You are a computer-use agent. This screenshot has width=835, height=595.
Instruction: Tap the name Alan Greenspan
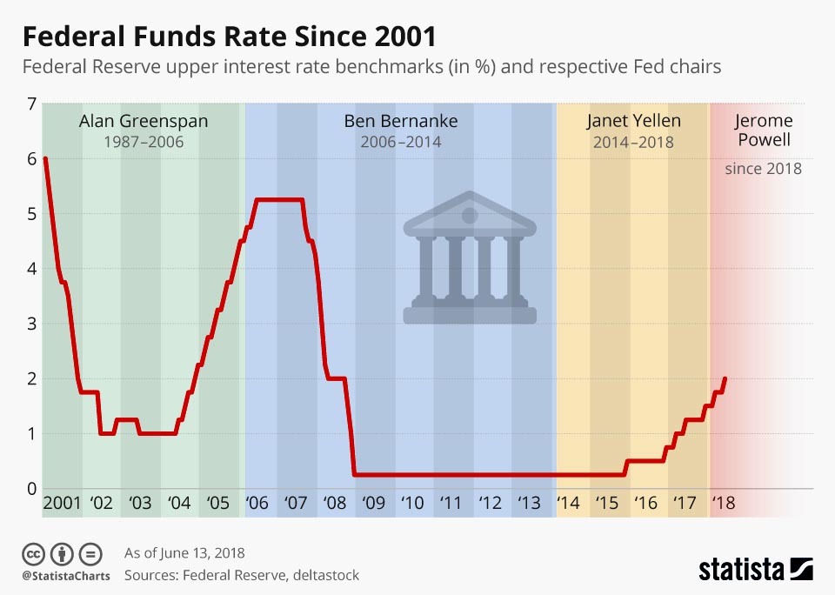[x=144, y=121]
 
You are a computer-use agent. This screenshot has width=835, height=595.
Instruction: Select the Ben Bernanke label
[x=400, y=121]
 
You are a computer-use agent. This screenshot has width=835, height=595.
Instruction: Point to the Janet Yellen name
[x=633, y=120]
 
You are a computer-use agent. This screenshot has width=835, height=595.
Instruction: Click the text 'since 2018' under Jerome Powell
[x=763, y=169]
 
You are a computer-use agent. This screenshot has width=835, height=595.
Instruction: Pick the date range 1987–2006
[x=144, y=142]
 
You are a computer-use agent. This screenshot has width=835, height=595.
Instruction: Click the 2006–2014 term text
[x=400, y=142]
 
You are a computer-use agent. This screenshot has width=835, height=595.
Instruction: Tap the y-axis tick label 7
[x=32, y=104]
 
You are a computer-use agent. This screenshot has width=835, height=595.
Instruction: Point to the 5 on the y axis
[x=32, y=214]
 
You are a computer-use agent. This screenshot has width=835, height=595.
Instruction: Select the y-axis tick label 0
[x=32, y=488]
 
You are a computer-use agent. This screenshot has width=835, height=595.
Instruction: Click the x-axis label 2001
[x=61, y=504]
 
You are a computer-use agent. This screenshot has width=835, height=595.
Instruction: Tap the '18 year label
[x=723, y=504]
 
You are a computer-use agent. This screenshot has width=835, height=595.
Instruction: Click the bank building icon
[x=470, y=258]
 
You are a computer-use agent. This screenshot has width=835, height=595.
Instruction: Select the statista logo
[x=755, y=570]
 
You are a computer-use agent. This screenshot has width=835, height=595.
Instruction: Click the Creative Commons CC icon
[x=34, y=553]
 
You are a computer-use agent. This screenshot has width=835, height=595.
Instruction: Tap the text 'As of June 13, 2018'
[x=184, y=553]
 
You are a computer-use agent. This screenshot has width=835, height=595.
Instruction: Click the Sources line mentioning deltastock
[x=241, y=575]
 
